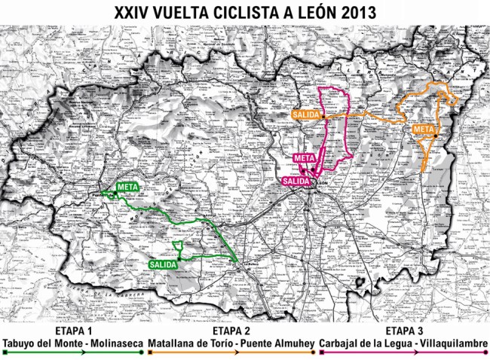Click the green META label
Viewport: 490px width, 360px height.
click(x=127, y=187)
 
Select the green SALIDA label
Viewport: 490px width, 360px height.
click(x=163, y=264)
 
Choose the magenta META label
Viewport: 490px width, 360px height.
click(x=303, y=158)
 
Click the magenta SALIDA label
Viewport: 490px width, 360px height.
click(x=296, y=182)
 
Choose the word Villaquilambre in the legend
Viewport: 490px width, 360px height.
click(x=452, y=343)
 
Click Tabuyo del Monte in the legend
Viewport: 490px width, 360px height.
click(x=41, y=343)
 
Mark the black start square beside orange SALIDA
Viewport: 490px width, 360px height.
click(x=323, y=117)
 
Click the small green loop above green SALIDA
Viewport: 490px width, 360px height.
click(x=179, y=246)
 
